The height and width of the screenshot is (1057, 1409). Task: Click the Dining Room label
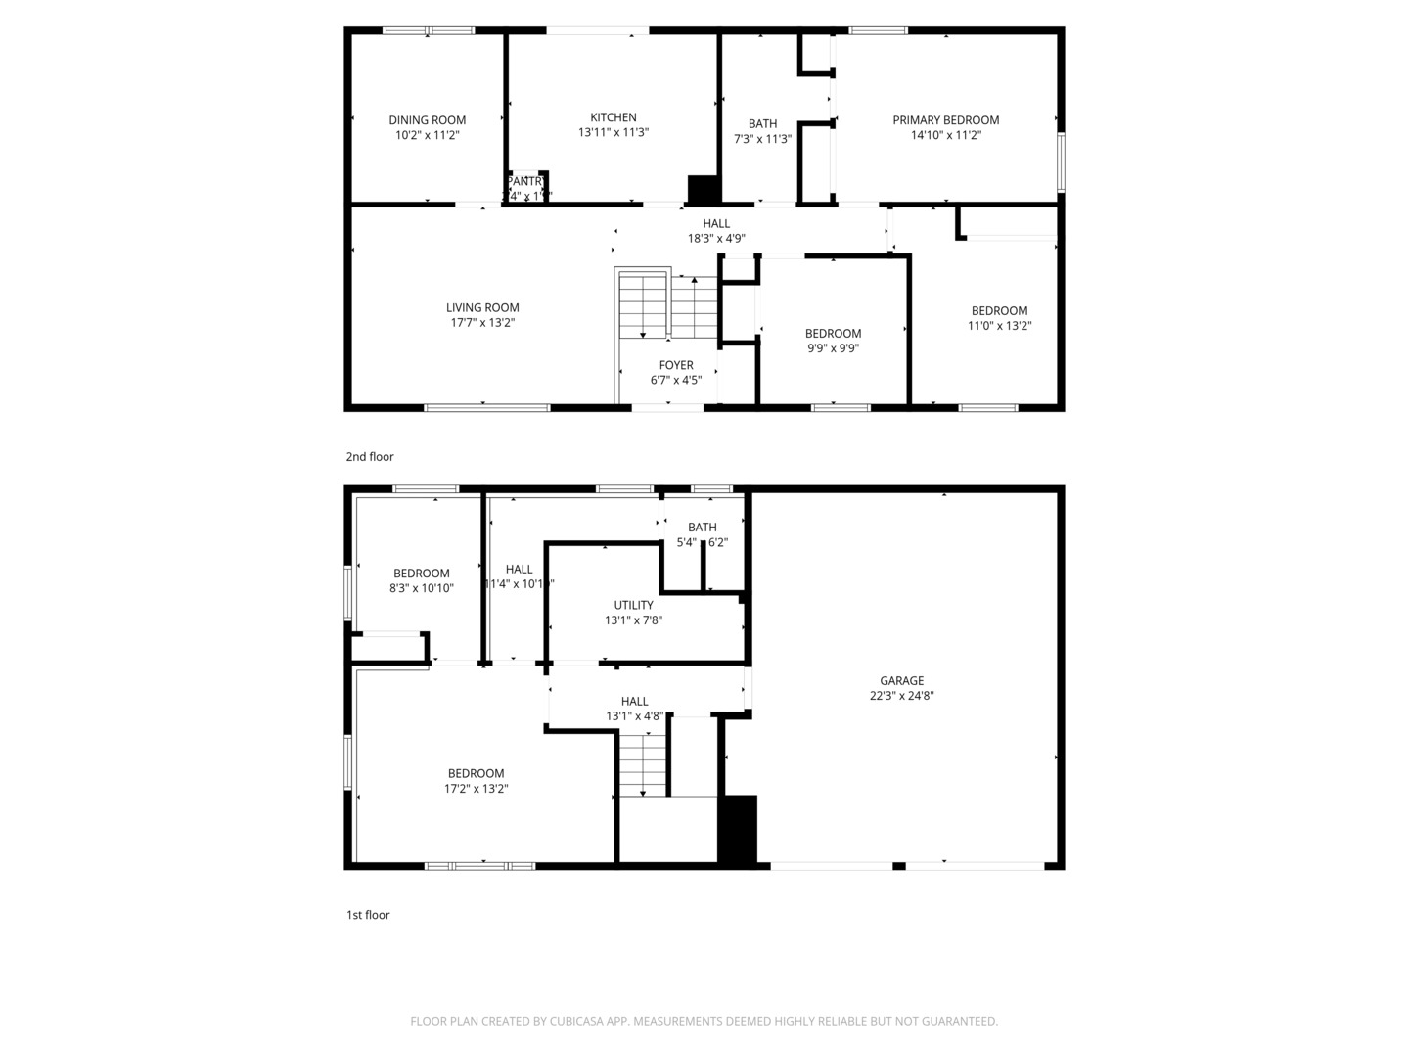coord(428,120)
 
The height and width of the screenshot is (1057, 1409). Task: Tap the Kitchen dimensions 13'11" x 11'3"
coord(614,132)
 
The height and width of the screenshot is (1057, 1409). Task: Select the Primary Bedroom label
coord(945,120)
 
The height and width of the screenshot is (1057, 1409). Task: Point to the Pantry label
coord(526,181)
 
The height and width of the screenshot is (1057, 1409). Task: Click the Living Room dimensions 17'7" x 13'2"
coord(482,322)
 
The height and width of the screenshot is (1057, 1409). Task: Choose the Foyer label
coord(676,365)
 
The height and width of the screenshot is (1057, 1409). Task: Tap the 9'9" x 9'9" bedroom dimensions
coord(833,347)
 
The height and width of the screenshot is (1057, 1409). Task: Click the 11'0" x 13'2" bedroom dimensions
coord(999,326)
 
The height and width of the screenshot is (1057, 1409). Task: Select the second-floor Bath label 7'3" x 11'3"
coord(762,123)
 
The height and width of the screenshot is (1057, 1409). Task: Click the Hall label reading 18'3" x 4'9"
coord(716,223)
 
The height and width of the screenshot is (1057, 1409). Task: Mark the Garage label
coord(901,680)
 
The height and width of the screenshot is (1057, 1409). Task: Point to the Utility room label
coord(633,605)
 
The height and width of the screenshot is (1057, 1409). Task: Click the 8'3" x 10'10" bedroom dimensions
coord(421,588)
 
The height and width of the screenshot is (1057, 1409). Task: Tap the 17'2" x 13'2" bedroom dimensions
coord(476,788)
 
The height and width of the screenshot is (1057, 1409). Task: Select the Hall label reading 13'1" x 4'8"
coord(634,701)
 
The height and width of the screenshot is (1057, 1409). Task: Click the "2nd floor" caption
coord(370,457)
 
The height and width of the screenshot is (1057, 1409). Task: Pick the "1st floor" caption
coord(368,915)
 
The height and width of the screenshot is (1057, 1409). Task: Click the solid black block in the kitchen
coord(704,189)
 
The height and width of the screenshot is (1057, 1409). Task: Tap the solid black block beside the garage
coord(738,829)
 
